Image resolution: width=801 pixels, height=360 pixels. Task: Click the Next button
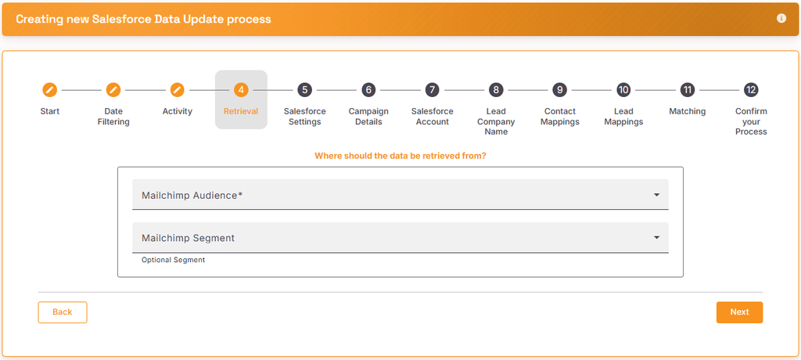coord(739,312)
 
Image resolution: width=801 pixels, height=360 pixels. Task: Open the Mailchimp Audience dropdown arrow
coord(657,195)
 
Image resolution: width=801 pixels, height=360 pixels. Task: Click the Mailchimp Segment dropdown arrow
coord(657,238)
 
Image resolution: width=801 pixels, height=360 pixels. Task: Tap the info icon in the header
coord(781,19)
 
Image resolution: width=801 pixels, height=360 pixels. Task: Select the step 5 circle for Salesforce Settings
coord(304,90)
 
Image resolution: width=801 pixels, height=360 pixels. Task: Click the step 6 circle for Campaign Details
coord(368,90)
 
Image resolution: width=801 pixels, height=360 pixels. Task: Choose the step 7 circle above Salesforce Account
coord(432,90)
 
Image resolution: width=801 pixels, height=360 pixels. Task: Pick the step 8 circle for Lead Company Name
coord(496,90)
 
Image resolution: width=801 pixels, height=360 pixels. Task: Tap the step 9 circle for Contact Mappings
coord(560,90)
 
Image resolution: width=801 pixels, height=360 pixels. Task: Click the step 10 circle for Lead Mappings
coord(623,90)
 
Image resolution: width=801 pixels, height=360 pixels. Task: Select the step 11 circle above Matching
coord(688,90)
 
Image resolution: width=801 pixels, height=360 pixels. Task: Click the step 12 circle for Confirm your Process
coord(751,90)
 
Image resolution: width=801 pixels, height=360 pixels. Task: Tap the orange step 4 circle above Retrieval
coord(241,90)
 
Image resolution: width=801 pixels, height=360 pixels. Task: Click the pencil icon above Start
coord(49,90)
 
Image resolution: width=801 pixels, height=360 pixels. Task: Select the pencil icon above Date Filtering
coord(113,90)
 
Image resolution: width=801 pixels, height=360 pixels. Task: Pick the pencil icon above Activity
coord(178,90)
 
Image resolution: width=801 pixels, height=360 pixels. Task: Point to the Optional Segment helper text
coord(173,261)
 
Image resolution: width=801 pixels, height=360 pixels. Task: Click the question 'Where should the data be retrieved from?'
coord(400,156)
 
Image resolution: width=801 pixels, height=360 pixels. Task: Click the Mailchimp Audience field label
coord(192,196)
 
